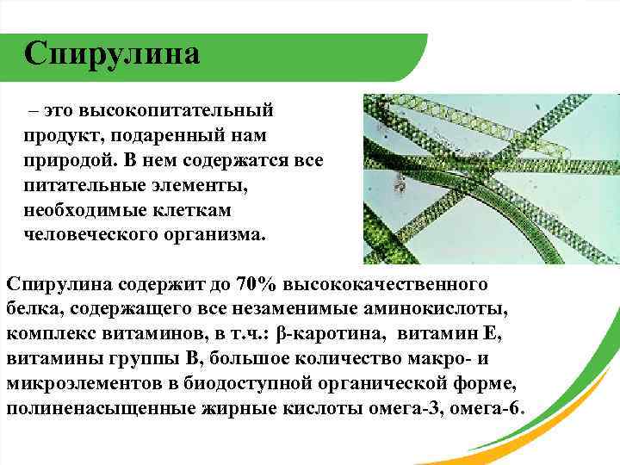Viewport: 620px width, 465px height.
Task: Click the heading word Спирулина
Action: (x=112, y=53)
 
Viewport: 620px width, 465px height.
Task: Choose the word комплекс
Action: (x=47, y=332)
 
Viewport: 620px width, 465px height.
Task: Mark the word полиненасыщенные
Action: (x=88, y=407)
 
